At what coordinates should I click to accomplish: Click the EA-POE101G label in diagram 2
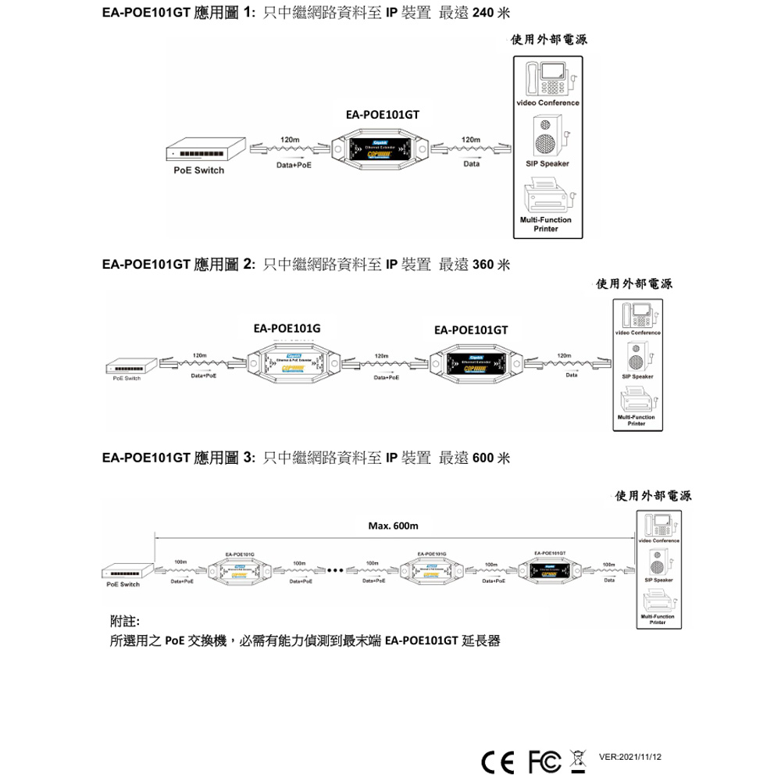point(287,329)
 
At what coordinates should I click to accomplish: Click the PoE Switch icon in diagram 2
point(127,365)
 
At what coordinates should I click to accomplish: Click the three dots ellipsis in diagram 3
point(337,569)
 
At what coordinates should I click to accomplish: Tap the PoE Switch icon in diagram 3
point(123,570)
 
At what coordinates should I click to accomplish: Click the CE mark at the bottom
point(498,758)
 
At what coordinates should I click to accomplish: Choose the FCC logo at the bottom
point(543,758)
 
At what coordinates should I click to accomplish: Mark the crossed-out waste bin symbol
point(579,758)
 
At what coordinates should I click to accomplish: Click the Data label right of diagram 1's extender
point(472,165)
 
